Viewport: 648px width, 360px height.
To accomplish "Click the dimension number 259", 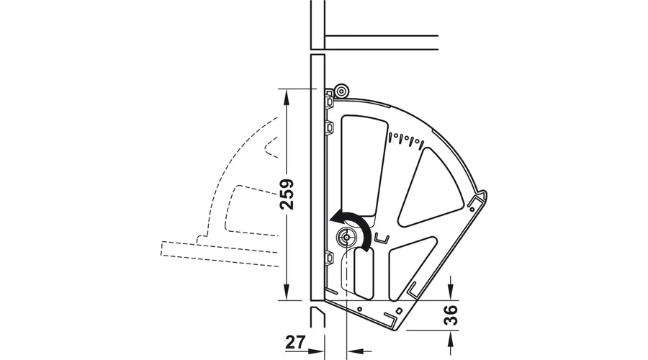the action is tap(287, 194).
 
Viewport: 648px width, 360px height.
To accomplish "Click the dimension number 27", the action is tap(295, 342).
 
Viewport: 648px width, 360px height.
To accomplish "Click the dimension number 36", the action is tap(451, 315).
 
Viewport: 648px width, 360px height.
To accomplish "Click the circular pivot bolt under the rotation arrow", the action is tap(345, 238).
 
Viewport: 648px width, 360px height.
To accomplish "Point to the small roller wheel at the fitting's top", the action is tap(342, 91).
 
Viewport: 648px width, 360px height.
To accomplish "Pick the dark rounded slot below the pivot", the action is tap(364, 273).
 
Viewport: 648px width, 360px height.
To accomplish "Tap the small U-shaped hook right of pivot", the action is tap(382, 238).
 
